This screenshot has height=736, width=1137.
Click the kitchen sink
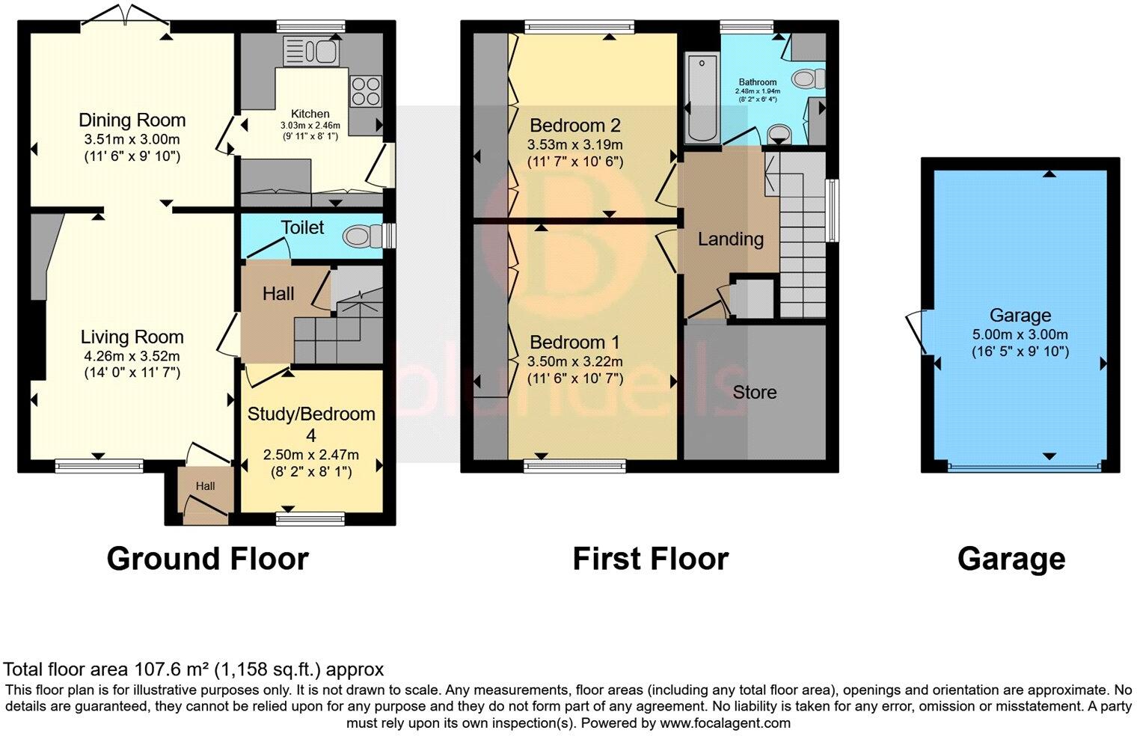pyautogui.click(x=311, y=51)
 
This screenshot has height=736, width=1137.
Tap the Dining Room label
pyautogui.click(x=132, y=120)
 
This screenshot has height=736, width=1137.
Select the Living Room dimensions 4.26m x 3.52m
pyautogui.click(x=132, y=356)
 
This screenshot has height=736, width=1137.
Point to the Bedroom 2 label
pyautogui.click(x=574, y=125)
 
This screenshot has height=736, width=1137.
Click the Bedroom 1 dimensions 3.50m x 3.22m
pyautogui.click(x=574, y=361)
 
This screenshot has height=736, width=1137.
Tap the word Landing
pyautogui.click(x=730, y=239)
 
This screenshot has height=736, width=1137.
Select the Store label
pyautogui.click(x=754, y=393)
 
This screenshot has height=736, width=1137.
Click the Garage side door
pyautogui.click(x=915, y=332)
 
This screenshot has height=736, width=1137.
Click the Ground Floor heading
pyautogui.click(x=207, y=559)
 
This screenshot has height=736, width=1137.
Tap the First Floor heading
pyautogui.click(x=650, y=559)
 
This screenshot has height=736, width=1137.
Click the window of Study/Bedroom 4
pyautogui.click(x=310, y=517)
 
